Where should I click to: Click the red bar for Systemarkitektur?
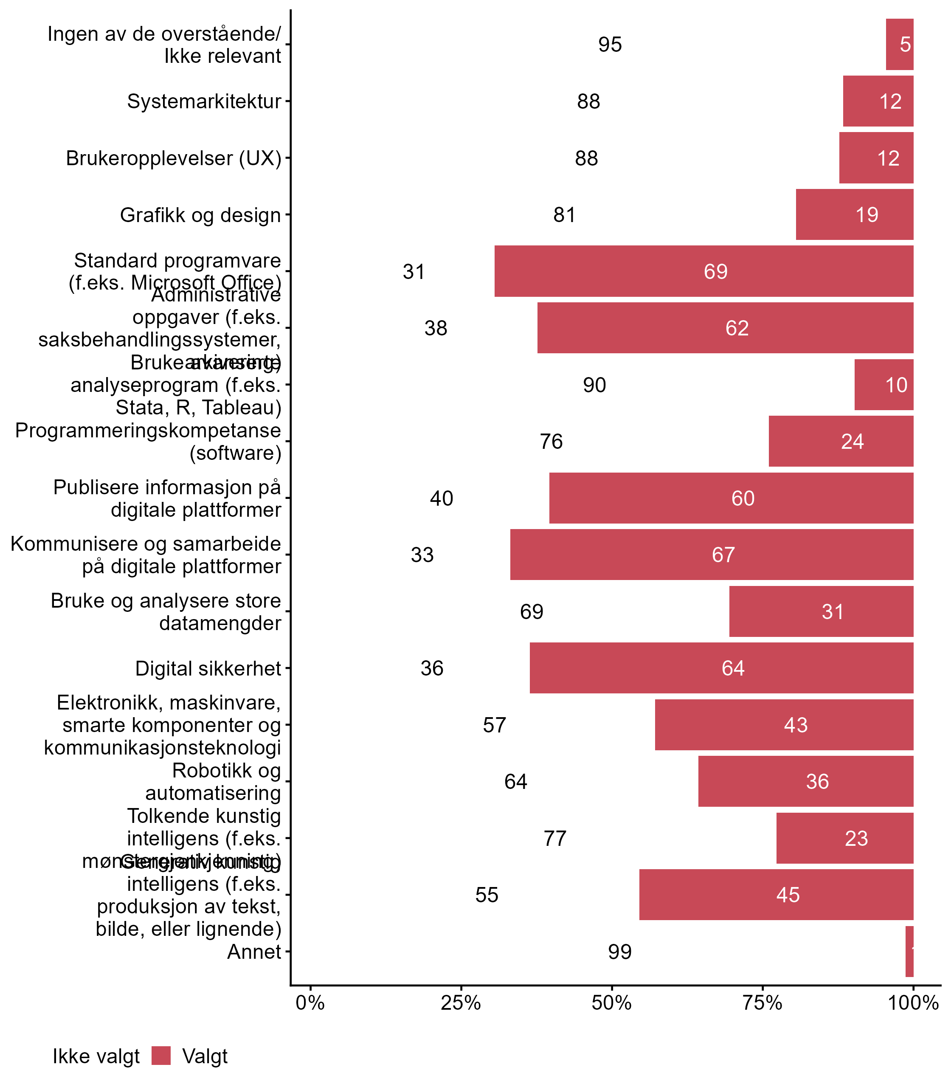tap(878, 101)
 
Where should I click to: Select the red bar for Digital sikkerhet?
tap(721, 667)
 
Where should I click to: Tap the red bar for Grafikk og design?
tap(854, 214)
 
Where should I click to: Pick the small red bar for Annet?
tap(909, 952)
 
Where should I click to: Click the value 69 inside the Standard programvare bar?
tap(715, 272)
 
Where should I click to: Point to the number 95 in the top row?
tap(610, 45)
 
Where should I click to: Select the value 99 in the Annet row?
tap(620, 952)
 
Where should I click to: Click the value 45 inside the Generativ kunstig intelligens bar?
tap(788, 895)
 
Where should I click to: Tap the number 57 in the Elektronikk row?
tap(494, 725)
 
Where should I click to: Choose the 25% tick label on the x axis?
tap(461, 1003)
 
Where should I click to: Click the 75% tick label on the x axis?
tap(762, 1003)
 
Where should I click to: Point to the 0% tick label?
tap(310, 1003)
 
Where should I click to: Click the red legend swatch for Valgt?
tap(161, 1056)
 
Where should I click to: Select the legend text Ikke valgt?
tap(96, 1056)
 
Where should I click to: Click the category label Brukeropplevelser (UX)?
tap(174, 158)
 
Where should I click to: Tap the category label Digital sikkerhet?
tap(208, 668)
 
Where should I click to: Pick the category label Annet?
tap(254, 952)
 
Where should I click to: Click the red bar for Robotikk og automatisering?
tap(806, 781)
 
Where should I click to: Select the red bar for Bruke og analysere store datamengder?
tap(821, 611)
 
